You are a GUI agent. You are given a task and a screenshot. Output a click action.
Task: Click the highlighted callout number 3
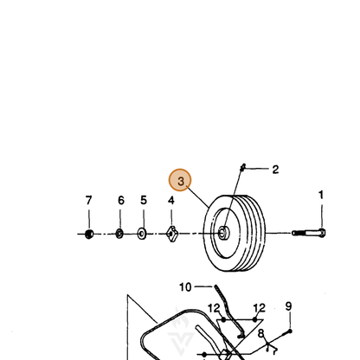(x=180, y=180)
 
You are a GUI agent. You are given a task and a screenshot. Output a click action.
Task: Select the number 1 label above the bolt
(x=321, y=195)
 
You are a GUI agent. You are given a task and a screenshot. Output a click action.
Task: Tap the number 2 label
(x=275, y=170)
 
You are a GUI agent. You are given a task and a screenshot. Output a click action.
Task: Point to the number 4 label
(x=171, y=200)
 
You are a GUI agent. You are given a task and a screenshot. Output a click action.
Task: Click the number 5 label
(x=144, y=200)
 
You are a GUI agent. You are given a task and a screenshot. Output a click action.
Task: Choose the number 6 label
(x=121, y=200)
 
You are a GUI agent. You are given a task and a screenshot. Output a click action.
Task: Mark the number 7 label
(x=88, y=200)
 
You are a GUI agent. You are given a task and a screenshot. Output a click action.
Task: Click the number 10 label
(x=185, y=287)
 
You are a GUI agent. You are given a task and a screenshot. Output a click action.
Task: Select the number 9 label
(x=288, y=306)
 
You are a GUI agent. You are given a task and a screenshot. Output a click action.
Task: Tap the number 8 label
(x=260, y=334)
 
